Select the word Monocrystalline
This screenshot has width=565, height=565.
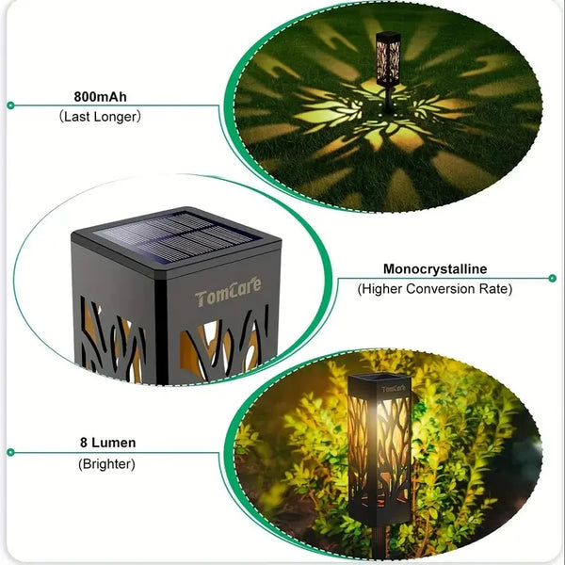click(x=434, y=269)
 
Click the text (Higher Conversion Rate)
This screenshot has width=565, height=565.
click(x=434, y=289)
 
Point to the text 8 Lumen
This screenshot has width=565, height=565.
click(x=107, y=443)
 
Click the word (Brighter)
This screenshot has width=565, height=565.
click(x=107, y=463)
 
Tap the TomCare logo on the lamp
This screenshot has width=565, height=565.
click(x=229, y=298)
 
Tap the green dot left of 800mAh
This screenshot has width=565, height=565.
click(x=10, y=105)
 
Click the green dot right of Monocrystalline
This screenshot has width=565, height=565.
click(x=553, y=279)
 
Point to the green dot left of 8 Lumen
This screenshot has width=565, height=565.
click(x=10, y=452)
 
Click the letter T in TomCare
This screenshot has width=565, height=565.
click(x=201, y=299)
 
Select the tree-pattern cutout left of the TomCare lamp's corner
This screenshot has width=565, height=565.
click(x=110, y=344)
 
